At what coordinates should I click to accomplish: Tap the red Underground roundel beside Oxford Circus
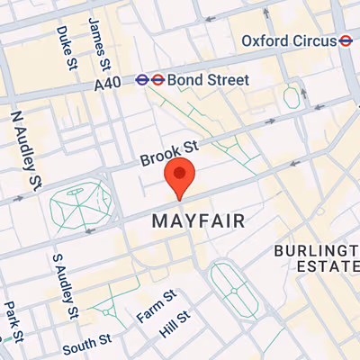point(344,40)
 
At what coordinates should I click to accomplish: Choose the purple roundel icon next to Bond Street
point(143,80)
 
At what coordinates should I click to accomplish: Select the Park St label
point(10,317)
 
